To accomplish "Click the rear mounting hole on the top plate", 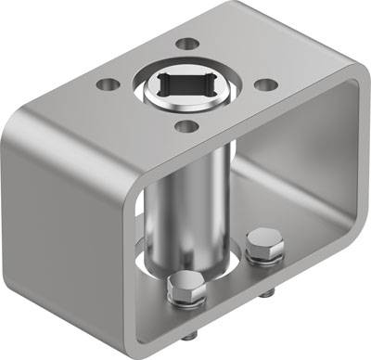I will (187, 44).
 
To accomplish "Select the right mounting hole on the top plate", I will (265, 84).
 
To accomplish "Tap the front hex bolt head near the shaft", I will (186, 289).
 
